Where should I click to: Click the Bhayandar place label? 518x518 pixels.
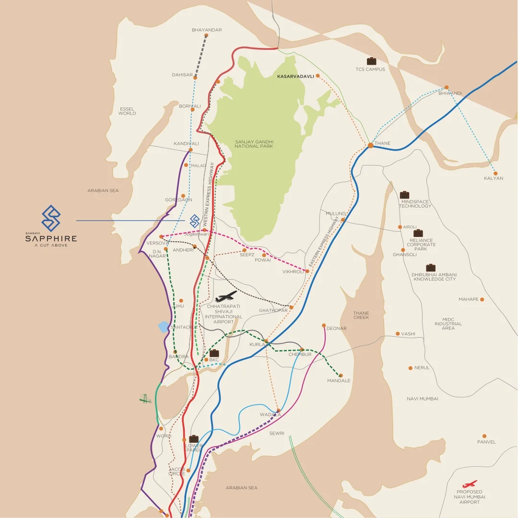[x=207, y=30]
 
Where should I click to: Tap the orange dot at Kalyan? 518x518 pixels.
[x=495, y=173]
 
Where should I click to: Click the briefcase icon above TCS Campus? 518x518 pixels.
[x=371, y=61]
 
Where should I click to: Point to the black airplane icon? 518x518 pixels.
[x=226, y=296]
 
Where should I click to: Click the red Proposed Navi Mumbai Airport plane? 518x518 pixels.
[x=470, y=484]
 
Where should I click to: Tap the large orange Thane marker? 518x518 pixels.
[x=371, y=145]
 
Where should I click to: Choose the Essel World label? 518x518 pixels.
[x=127, y=111]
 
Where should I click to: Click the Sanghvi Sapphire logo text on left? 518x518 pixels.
[x=51, y=238]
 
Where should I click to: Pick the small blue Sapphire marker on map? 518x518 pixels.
[x=194, y=221]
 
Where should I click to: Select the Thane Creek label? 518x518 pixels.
[x=361, y=315]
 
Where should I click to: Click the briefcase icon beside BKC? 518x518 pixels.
[x=214, y=353]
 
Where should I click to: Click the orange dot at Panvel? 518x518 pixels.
[x=484, y=436]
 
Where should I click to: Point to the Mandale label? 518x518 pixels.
[x=339, y=381]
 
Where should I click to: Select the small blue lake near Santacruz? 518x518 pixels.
[x=164, y=327]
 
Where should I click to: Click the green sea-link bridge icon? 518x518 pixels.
[x=145, y=399]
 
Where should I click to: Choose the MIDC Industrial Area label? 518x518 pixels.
[x=448, y=324]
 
